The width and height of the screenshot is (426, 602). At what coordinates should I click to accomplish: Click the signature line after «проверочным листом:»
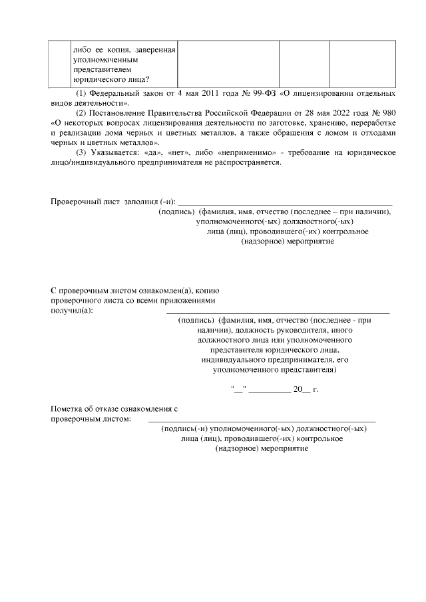(x=261, y=420)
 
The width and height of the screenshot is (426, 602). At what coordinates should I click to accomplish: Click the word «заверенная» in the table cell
(x=156, y=49)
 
